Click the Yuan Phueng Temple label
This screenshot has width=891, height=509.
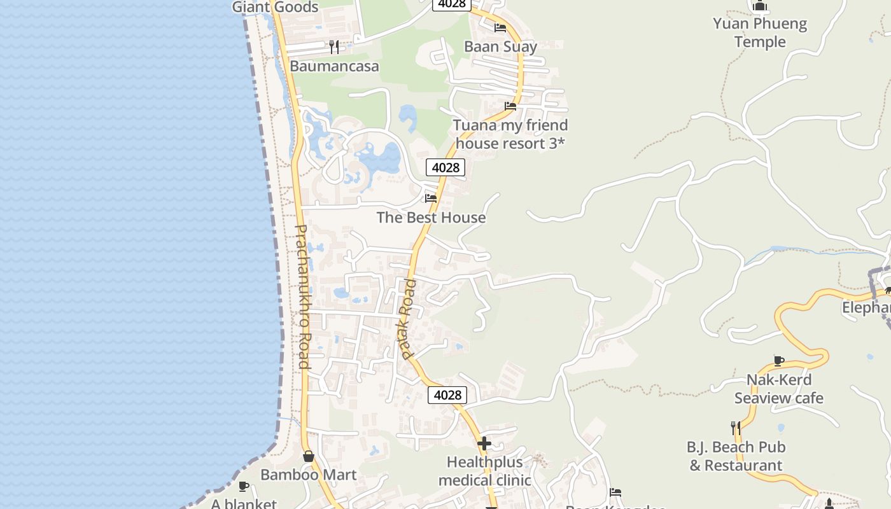tap(760, 33)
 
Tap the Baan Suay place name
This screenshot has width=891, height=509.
tap(500, 46)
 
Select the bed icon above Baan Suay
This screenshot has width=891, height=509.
tap(500, 28)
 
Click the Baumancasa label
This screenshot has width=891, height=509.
tap(334, 66)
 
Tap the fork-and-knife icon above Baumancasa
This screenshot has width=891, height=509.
tap(334, 46)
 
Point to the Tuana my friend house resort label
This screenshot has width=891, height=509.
tap(510, 134)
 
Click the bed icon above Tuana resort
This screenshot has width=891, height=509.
tap(510, 106)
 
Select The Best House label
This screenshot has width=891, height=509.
tap(431, 218)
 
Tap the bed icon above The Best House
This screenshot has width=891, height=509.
tap(431, 199)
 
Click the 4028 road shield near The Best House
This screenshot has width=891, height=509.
tap(445, 167)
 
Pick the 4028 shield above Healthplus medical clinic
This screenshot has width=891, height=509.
tap(447, 395)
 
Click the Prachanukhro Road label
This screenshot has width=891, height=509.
tap(302, 296)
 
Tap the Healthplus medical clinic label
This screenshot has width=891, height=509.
tap(484, 471)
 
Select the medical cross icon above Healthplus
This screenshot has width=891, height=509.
tap(484, 443)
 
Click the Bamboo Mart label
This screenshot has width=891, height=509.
tap(309, 475)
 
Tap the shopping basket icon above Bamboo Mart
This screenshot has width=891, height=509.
tap(309, 456)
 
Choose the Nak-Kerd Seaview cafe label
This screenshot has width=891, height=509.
tap(779, 389)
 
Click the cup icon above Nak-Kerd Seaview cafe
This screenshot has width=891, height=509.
tap(779, 361)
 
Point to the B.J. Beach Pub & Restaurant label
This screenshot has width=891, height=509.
tap(736, 456)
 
